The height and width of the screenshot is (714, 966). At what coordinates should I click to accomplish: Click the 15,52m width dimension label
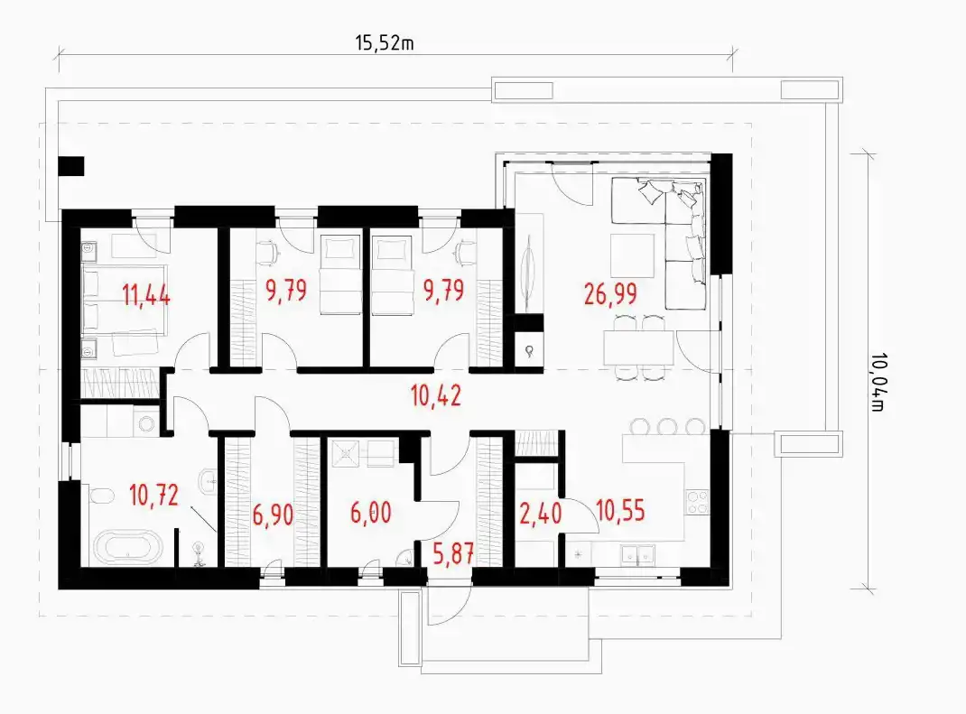[x=384, y=42]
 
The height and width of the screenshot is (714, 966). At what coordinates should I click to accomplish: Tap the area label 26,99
[x=610, y=294]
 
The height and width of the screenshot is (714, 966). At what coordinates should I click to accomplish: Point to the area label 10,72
[x=154, y=495]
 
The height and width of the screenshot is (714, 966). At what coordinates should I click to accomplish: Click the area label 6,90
[x=273, y=514]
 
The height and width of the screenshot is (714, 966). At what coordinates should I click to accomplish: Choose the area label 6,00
[x=371, y=513]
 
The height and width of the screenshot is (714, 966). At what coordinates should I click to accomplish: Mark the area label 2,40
[x=540, y=514]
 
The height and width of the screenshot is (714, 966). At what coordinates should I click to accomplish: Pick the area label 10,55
[x=621, y=511]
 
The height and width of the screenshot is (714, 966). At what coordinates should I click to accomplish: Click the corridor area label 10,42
[x=436, y=395]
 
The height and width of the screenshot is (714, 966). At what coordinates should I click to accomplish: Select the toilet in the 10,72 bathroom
[x=102, y=496]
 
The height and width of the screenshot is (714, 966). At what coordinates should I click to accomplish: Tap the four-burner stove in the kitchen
[x=697, y=502]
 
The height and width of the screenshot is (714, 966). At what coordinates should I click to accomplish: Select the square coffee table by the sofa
[x=632, y=255]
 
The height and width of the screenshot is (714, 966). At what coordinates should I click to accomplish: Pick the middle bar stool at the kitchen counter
[x=667, y=426]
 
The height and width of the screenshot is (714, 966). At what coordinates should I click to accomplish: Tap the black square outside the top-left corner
[x=71, y=166]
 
